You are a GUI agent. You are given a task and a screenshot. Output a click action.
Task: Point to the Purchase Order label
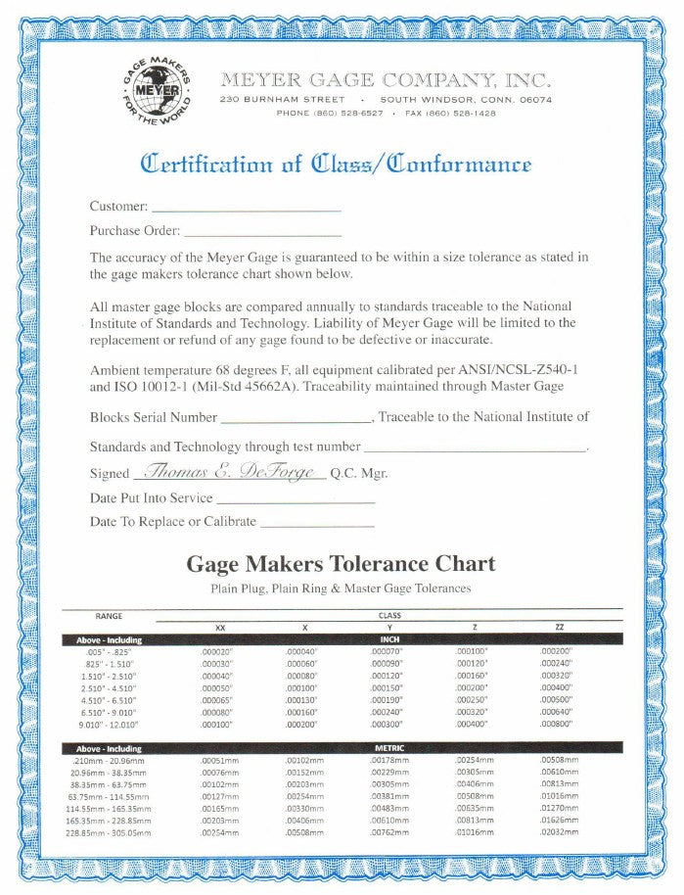tap(135, 231)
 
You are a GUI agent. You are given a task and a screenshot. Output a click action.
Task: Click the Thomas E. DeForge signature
tap(227, 472)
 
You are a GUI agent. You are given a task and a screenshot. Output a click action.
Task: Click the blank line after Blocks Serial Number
tap(296, 417)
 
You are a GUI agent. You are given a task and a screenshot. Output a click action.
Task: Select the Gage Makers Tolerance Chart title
tap(341, 564)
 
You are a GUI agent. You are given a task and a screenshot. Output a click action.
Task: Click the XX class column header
tap(219, 627)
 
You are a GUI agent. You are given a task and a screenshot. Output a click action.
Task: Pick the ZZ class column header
tap(558, 627)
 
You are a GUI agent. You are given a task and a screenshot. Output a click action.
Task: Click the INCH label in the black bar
tap(388, 638)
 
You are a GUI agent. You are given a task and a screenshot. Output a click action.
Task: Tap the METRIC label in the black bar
tap(388, 748)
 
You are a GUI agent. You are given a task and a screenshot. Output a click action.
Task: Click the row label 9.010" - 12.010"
tap(110, 724)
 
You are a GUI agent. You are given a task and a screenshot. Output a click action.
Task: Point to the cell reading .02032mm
tap(559, 832)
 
